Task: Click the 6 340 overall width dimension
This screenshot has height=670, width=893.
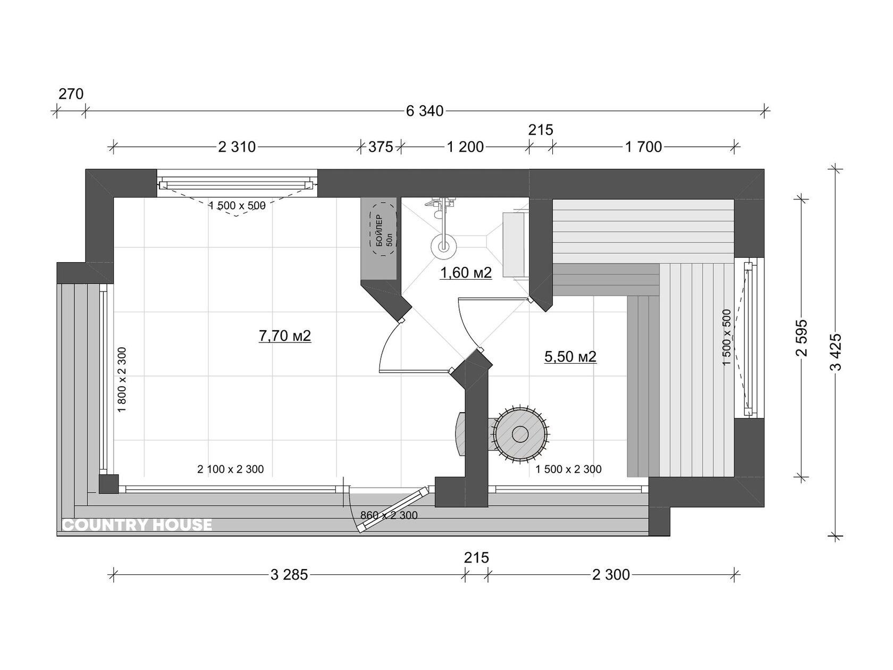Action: click(424, 111)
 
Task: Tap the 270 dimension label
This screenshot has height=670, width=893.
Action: click(71, 94)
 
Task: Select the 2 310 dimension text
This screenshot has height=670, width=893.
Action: click(237, 147)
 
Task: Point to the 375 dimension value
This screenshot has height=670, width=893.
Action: click(381, 147)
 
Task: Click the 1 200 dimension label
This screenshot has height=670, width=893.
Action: click(466, 147)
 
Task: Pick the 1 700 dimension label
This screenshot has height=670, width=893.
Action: click(644, 147)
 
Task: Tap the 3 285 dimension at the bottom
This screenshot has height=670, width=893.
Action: click(289, 575)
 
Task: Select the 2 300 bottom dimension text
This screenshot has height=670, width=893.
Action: click(611, 575)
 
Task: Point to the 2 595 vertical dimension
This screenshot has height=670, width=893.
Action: click(802, 338)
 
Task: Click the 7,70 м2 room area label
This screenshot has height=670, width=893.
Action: click(285, 336)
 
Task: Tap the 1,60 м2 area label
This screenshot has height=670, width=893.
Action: click(466, 273)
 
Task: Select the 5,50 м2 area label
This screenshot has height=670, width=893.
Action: click(570, 357)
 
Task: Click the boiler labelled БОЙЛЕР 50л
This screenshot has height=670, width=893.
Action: click(383, 236)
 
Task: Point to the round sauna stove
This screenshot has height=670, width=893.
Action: click(520, 434)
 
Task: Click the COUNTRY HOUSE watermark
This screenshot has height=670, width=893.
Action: click(138, 525)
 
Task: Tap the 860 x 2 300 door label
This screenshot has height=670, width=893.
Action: click(389, 515)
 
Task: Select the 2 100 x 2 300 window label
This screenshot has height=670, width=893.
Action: click(231, 470)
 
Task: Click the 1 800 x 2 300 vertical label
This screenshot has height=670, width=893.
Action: click(122, 380)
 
